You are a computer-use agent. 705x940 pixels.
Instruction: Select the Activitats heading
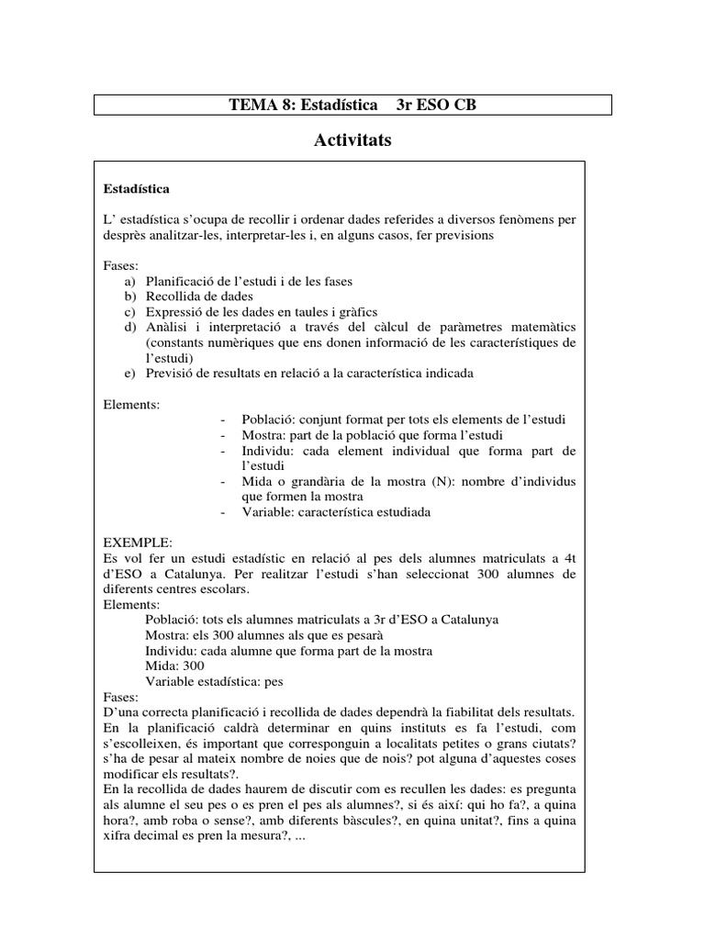click(x=352, y=140)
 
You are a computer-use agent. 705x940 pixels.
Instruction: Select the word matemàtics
click(x=540, y=328)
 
